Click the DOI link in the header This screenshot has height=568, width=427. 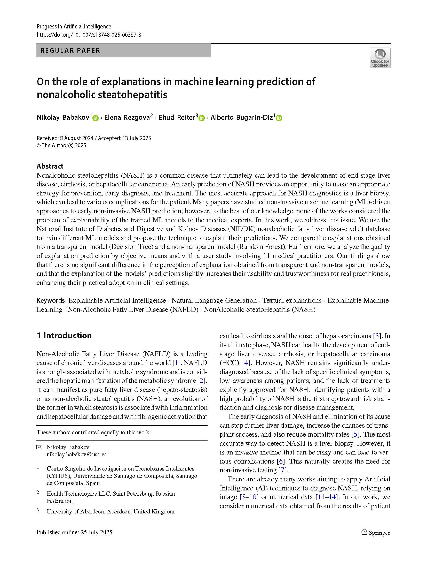[x=89, y=35]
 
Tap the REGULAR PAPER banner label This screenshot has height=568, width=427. [x=70, y=51]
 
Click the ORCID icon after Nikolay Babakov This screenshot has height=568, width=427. [x=96, y=118]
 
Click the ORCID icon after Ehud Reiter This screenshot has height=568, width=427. [x=202, y=118]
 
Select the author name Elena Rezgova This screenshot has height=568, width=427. [x=127, y=118]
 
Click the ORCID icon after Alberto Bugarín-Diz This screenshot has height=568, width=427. [x=279, y=118]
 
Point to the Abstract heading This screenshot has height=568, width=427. [x=50, y=166]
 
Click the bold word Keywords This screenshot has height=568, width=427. [x=51, y=300]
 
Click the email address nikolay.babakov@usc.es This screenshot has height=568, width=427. [x=76, y=454]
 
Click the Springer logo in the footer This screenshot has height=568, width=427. [x=375, y=533]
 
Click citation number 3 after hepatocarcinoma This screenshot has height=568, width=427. [x=377, y=336]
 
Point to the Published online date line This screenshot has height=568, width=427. [x=74, y=532]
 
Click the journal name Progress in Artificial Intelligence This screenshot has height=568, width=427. [x=74, y=26]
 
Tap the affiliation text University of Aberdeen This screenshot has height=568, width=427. [x=110, y=511]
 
